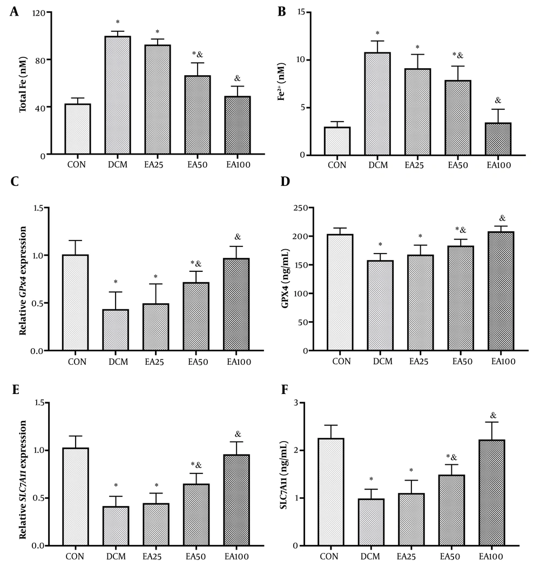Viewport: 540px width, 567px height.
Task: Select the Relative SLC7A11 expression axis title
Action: click(23, 473)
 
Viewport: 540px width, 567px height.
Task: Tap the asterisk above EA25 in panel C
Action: click(157, 275)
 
